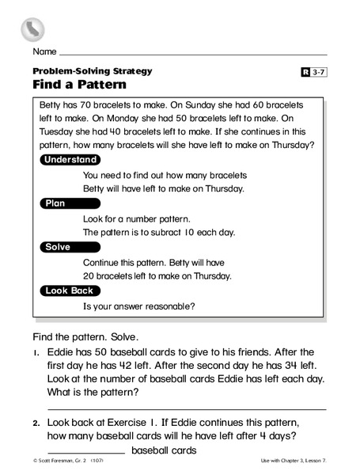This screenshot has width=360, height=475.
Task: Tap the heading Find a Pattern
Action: click(x=79, y=84)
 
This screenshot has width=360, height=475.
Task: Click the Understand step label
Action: click(x=70, y=159)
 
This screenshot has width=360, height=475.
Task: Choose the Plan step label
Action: click(x=55, y=203)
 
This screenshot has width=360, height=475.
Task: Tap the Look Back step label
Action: click(x=70, y=291)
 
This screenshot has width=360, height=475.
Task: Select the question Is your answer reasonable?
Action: click(x=138, y=306)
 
